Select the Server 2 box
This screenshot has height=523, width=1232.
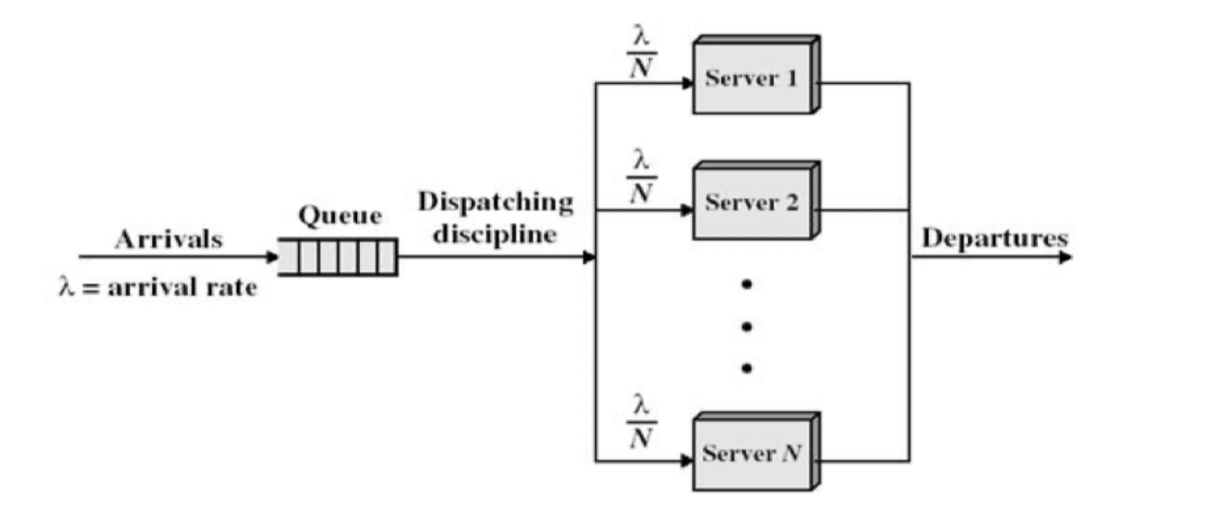click(x=754, y=203)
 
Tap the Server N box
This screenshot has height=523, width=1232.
click(x=754, y=454)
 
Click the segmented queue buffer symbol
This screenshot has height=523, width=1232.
click(x=338, y=257)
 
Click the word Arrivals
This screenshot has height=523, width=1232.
click(x=168, y=240)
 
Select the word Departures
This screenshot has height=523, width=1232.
click(x=994, y=238)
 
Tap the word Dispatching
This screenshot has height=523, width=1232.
click(x=496, y=203)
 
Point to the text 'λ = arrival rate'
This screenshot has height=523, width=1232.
click(x=158, y=287)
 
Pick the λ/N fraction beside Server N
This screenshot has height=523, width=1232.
click(x=641, y=423)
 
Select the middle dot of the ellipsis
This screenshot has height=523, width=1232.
click(x=746, y=326)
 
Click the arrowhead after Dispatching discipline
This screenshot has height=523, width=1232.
click(x=589, y=257)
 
